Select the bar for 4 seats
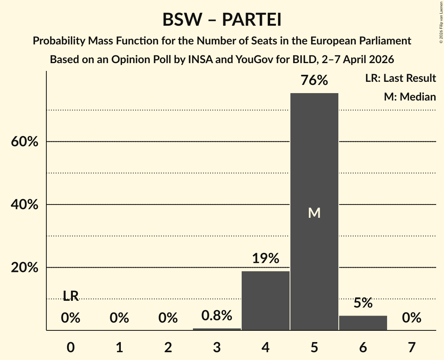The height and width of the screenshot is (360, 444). (265, 300)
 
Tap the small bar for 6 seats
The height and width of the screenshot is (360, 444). (363, 323)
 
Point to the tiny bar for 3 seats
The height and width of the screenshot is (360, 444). (217, 329)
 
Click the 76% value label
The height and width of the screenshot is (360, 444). (314, 81)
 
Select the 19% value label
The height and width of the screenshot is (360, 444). (265, 259)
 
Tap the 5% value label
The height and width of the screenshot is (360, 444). (363, 303)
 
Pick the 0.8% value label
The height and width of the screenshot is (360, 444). (217, 316)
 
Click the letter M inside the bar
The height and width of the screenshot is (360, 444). (314, 213)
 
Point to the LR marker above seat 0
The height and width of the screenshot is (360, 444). (71, 296)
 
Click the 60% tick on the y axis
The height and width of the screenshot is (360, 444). (25, 142)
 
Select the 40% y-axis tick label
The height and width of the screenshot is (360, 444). (25, 205)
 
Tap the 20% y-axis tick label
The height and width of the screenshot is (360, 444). (25, 268)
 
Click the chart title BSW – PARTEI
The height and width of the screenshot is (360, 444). (222, 20)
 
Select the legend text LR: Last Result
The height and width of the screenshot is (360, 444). (400, 78)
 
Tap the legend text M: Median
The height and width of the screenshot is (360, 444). (410, 97)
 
